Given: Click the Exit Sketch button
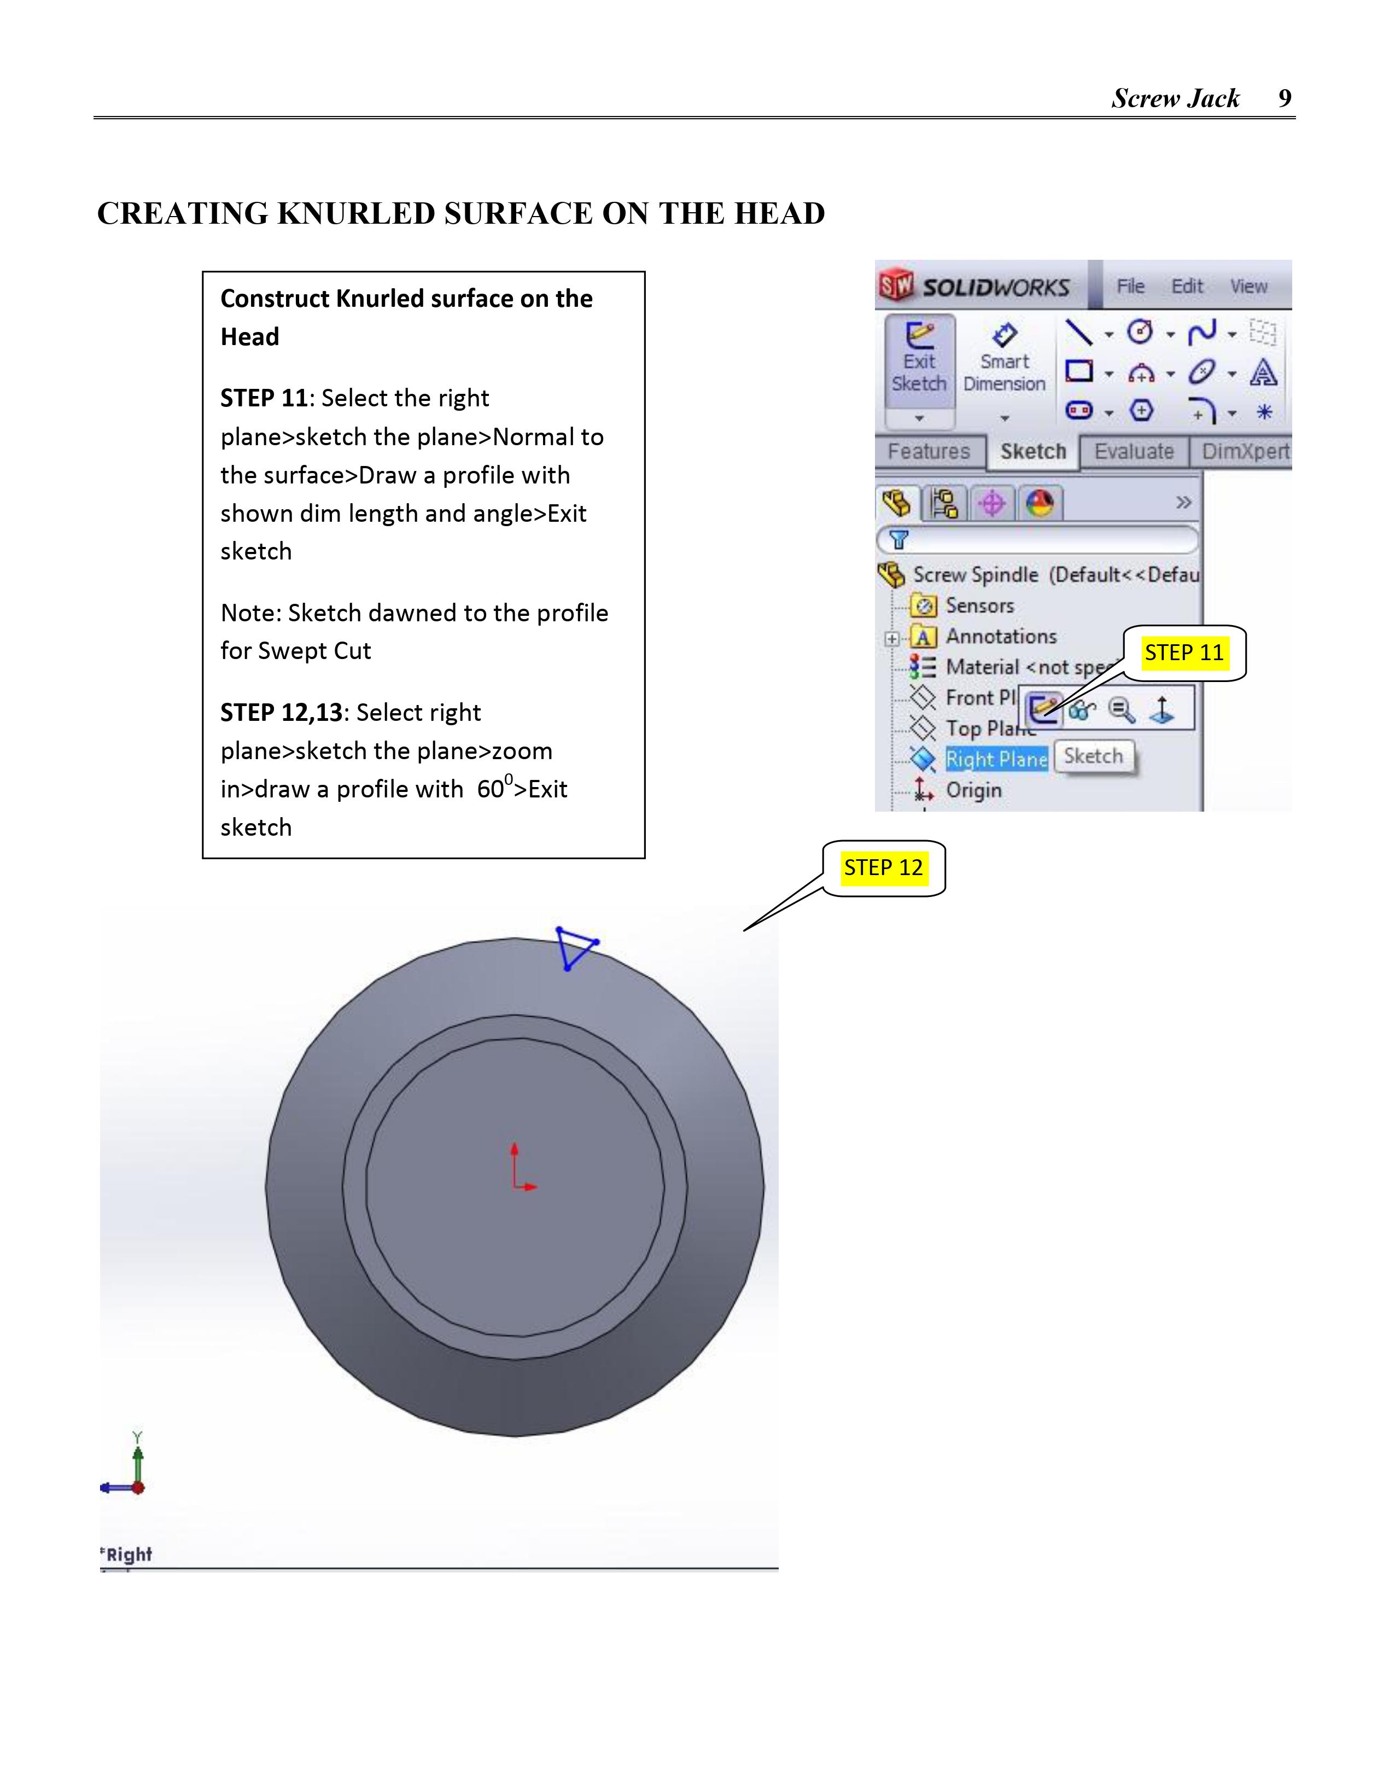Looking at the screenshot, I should click(919, 362).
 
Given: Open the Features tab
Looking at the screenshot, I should click(929, 452).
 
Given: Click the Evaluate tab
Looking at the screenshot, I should click(1134, 452).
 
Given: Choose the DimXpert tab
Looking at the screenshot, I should click(1245, 452).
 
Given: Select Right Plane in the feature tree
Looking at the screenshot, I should click(996, 759).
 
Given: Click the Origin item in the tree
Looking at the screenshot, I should click(973, 790).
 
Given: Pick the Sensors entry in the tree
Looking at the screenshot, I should click(979, 606).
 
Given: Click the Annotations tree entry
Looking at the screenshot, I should click(1001, 636).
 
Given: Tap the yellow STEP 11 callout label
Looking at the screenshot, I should click(1184, 652).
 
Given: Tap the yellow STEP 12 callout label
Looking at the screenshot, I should click(883, 867).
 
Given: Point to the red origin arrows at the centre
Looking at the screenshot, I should click(519, 1172).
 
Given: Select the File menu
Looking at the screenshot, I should click(1130, 287).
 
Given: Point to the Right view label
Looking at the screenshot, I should click(128, 1554).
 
